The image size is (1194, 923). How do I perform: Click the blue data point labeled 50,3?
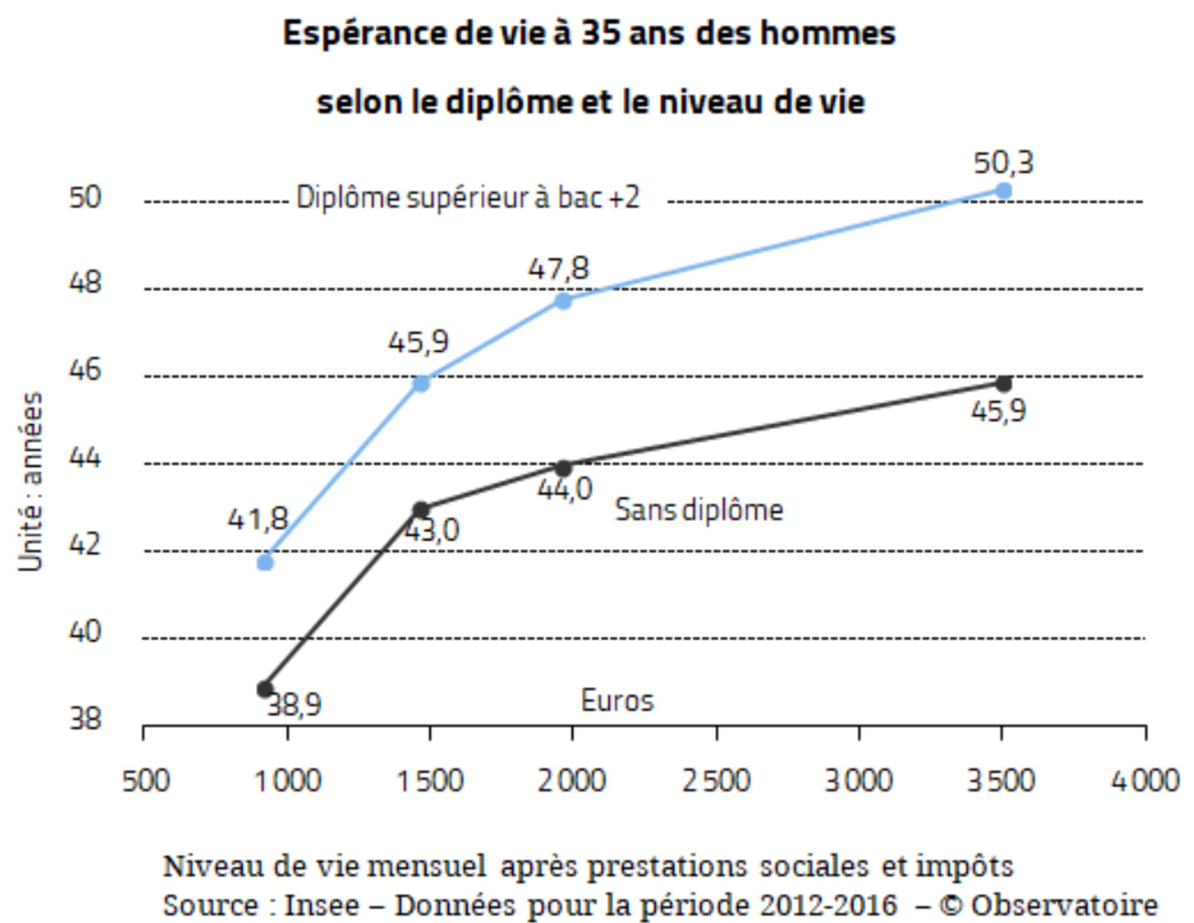point(1004,191)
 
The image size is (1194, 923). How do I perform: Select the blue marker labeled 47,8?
point(563,300)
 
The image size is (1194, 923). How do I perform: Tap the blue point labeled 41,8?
point(265,563)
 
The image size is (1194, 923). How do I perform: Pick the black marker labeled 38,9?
point(265,689)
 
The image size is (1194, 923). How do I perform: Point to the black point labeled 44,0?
point(563,468)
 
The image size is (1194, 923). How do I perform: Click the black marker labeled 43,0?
point(421,510)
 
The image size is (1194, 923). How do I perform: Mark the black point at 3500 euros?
point(1004,384)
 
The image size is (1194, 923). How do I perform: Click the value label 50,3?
point(1003,162)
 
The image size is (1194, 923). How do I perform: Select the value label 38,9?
point(294,706)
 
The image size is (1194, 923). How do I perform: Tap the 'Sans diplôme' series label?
point(698,510)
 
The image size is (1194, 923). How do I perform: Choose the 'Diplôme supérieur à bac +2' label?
point(467,198)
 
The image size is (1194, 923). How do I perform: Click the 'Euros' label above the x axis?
point(617,700)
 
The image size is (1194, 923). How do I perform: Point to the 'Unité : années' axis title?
point(30,482)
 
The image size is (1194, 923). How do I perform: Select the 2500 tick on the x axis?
point(716,780)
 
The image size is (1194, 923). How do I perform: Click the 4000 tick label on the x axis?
point(1144,780)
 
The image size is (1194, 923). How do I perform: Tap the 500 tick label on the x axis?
point(146,780)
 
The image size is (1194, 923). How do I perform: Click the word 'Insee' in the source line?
point(322,905)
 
